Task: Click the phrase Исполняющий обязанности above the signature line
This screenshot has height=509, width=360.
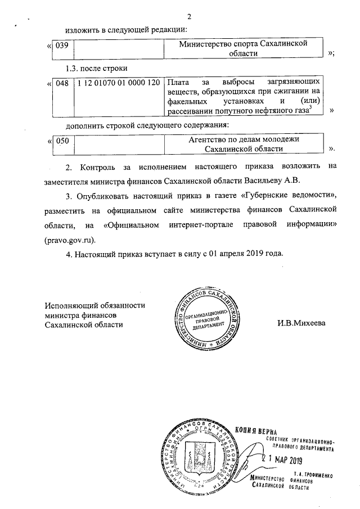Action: pyautogui.click(x=96, y=305)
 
